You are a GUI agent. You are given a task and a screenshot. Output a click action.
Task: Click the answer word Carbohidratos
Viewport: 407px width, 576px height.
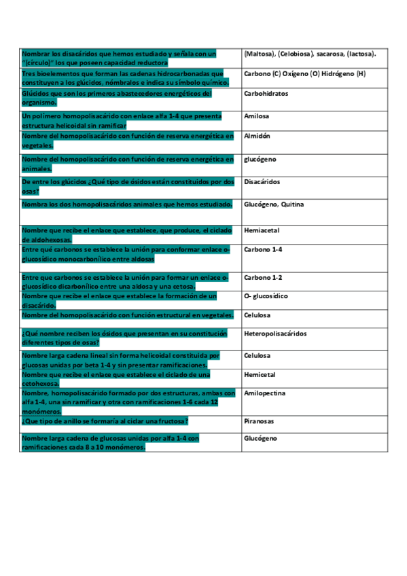(x=266, y=94)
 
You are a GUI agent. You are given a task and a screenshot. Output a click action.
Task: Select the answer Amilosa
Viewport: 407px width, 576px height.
(x=256, y=116)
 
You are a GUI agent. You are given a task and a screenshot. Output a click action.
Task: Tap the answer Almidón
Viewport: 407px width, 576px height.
(x=257, y=136)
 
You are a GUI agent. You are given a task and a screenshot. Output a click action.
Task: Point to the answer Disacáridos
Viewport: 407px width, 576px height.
(x=262, y=182)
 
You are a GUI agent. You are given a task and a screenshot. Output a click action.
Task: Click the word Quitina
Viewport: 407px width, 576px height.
(x=291, y=204)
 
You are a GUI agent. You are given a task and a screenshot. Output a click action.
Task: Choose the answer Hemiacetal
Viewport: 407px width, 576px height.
(x=262, y=231)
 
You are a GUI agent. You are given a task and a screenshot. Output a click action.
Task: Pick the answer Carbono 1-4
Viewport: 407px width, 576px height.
(x=262, y=250)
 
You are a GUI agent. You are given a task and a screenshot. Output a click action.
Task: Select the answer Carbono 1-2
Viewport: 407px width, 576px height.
(x=262, y=278)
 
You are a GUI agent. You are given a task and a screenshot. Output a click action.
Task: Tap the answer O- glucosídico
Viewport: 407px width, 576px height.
(x=266, y=297)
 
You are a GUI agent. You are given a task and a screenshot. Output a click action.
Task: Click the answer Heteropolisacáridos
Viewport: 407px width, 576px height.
(x=275, y=334)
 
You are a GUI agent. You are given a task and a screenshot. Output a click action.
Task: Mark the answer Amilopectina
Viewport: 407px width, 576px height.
(x=264, y=393)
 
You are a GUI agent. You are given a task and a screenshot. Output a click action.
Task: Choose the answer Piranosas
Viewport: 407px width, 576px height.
(x=259, y=421)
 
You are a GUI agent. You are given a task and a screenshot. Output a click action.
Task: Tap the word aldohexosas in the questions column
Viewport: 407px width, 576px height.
(x=47, y=240)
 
